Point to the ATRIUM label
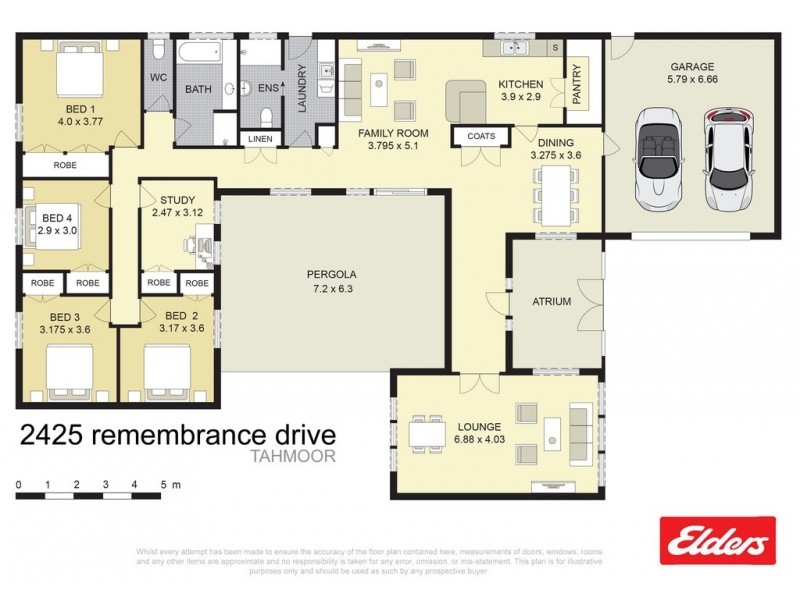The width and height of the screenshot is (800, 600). (x=551, y=301)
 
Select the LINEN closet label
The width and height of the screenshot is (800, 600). (x=259, y=138)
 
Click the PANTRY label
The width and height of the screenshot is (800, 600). (x=577, y=84)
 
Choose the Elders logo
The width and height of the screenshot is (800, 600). (x=717, y=541)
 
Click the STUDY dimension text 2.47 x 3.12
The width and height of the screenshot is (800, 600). (x=176, y=213)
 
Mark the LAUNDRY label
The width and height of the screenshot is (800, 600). (x=299, y=87)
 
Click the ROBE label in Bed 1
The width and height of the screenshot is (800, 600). (x=66, y=164)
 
